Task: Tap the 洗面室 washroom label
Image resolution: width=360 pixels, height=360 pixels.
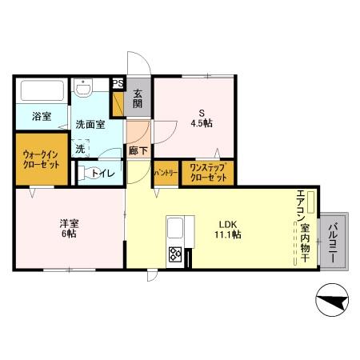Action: pyautogui.click(x=90, y=125)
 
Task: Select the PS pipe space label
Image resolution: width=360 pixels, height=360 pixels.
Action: pyautogui.click(x=118, y=83)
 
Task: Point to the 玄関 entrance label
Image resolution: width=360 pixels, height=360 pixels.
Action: pyautogui.click(x=138, y=98)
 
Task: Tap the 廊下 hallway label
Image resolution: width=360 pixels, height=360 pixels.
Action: pyautogui.click(x=138, y=150)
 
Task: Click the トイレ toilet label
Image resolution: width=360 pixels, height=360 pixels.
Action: pyautogui.click(x=102, y=173)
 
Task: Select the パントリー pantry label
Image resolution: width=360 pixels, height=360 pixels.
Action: pyautogui.click(x=166, y=173)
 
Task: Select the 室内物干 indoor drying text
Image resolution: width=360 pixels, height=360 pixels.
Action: pyautogui.click(x=304, y=244)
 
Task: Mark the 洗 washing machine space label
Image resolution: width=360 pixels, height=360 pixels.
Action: pyautogui.click(x=80, y=148)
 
